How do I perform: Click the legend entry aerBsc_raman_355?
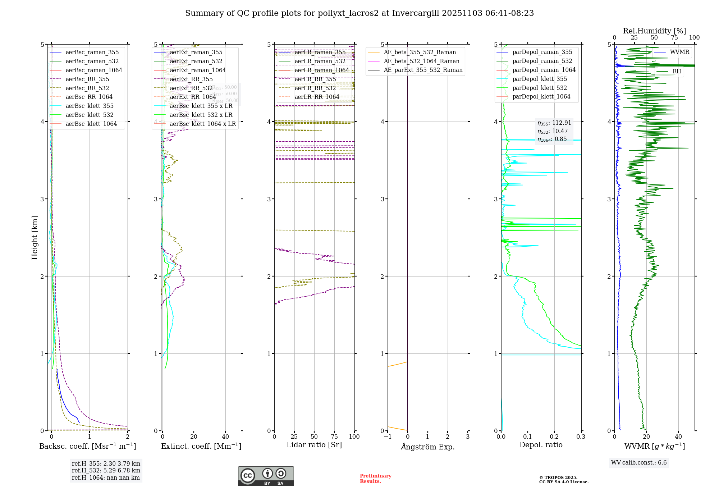(x=92, y=52)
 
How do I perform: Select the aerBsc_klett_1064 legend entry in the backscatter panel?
(x=91, y=124)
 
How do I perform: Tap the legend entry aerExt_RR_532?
(x=191, y=88)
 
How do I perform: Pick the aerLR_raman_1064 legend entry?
(x=321, y=70)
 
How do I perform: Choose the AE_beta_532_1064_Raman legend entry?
(x=421, y=61)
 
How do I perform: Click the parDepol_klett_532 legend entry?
(x=539, y=88)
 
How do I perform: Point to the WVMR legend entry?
(x=679, y=52)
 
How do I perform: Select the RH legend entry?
(x=677, y=71)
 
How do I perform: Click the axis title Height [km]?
(x=35, y=237)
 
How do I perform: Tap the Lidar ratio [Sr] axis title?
(x=314, y=445)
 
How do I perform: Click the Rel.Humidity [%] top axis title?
(x=654, y=31)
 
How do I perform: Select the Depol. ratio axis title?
(x=541, y=445)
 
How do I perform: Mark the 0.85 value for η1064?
(x=560, y=139)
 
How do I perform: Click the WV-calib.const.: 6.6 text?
(x=639, y=462)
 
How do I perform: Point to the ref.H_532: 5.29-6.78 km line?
(x=106, y=470)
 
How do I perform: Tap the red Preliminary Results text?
(x=375, y=478)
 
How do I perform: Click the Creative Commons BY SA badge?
(x=266, y=476)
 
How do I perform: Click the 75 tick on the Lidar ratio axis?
(x=334, y=437)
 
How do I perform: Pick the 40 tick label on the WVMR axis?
(x=678, y=437)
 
